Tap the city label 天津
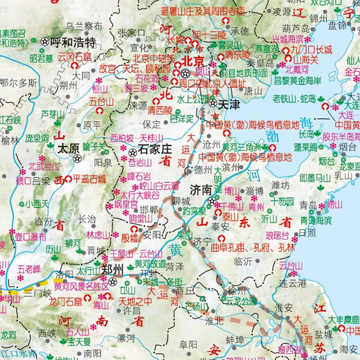tap(233, 104)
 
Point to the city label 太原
tap(67, 148)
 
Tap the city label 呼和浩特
tap(73, 42)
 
